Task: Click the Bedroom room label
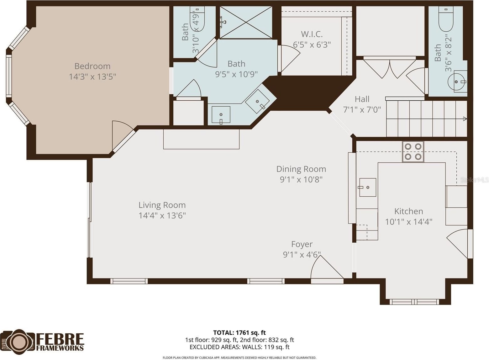pyautogui.click(x=92, y=66)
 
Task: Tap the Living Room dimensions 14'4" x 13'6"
pyautogui.click(x=162, y=216)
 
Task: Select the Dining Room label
pyautogui.click(x=301, y=169)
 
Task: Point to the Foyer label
pyautogui.click(x=302, y=244)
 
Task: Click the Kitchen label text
pyautogui.click(x=409, y=211)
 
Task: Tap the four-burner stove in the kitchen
pyautogui.click(x=413, y=151)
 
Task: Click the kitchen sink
pyautogui.click(x=368, y=187)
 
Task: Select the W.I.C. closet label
pyautogui.click(x=312, y=34)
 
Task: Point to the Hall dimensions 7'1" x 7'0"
pyautogui.click(x=362, y=109)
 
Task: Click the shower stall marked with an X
pyautogui.click(x=246, y=22)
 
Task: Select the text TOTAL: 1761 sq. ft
pyautogui.click(x=239, y=333)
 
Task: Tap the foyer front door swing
pyautogui.click(x=327, y=267)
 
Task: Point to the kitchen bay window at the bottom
pyautogui.click(x=414, y=302)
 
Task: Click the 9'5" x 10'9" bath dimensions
pyautogui.click(x=236, y=74)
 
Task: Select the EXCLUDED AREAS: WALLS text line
pyautogui.click(x=239, y=347)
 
